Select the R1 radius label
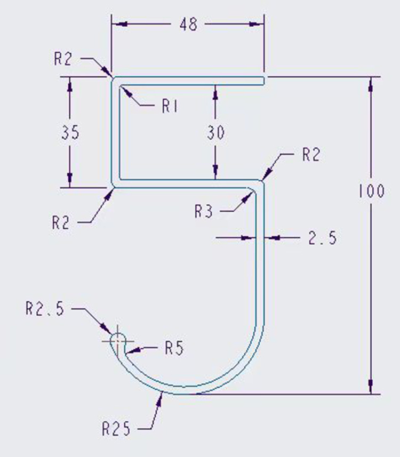pos(169,107)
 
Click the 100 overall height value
pos(371,191)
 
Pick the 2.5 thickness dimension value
pos(322,238)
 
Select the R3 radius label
pos(203,212)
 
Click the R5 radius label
pos(174,349)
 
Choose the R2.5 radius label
pos(44,308)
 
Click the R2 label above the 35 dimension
pos(62,59)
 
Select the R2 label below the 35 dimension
pos(61,222)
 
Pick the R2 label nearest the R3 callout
pos(310,155)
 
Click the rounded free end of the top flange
pos(263,81)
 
